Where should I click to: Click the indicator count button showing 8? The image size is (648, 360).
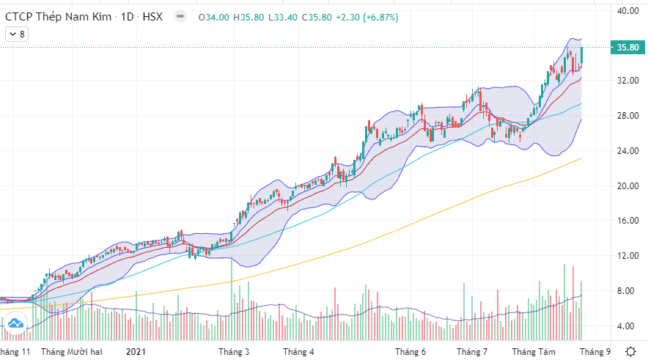16,34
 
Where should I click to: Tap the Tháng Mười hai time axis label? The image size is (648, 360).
72,352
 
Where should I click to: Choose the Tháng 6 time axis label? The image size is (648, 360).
410,352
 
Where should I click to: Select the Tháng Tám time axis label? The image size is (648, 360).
535,352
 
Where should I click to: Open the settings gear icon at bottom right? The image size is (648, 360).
630,351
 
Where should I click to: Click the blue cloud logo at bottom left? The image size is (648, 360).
15,323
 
